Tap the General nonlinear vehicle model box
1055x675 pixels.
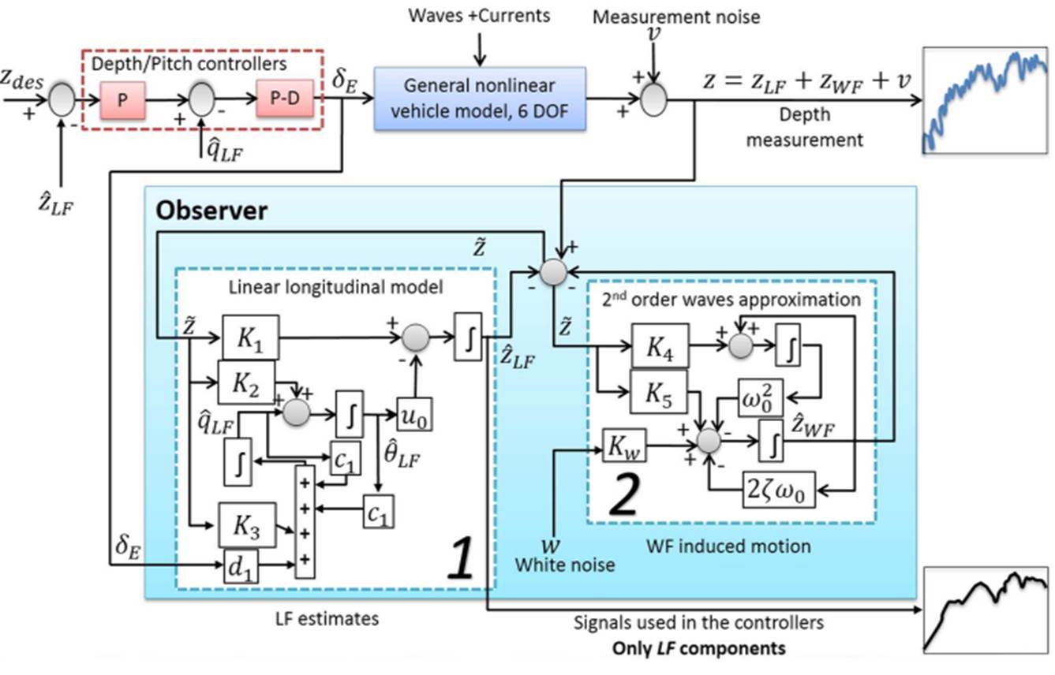point(480,98)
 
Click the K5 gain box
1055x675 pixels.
point(660,390)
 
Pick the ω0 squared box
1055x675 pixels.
point(761,396)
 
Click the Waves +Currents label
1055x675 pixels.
point(481,15)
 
